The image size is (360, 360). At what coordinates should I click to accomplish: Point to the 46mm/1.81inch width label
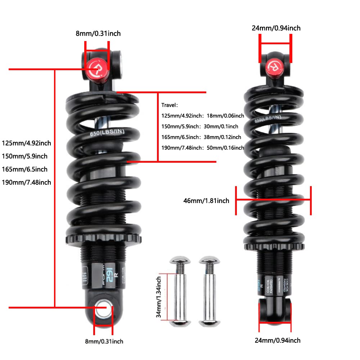(x=206, y=201)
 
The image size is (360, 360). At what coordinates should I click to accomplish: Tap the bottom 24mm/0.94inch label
(x=277, y=340)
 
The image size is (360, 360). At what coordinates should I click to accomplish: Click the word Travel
(x=170, y=105)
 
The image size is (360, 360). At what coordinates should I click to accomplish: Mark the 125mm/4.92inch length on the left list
(x=26, y=143)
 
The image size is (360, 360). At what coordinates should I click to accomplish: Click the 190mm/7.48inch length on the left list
(x=26, y=182)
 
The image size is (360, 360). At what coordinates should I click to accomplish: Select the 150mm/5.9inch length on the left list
(x=24, y=156)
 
